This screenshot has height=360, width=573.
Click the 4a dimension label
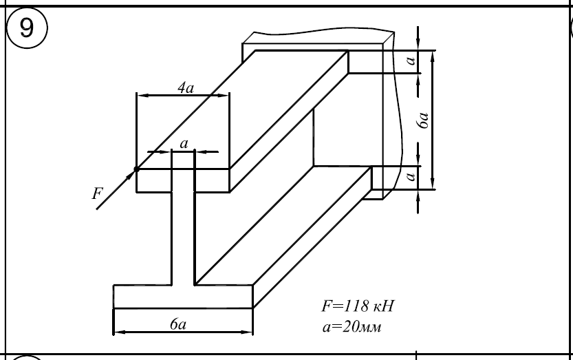click(x=185, y=87)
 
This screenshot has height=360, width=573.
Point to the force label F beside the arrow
click(x=96, y=193)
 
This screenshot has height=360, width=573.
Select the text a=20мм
click(x=352, y=326)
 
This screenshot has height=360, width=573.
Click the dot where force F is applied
click(x=137, y=169)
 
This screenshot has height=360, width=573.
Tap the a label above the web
click(x=183, y=144)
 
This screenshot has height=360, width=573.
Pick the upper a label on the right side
click(x=411, y=62)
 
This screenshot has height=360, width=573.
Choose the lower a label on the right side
click(x=411, y=177)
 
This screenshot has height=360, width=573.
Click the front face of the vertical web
click(x=183, y=234)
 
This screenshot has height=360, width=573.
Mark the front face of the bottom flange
click(x=183, y=296)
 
